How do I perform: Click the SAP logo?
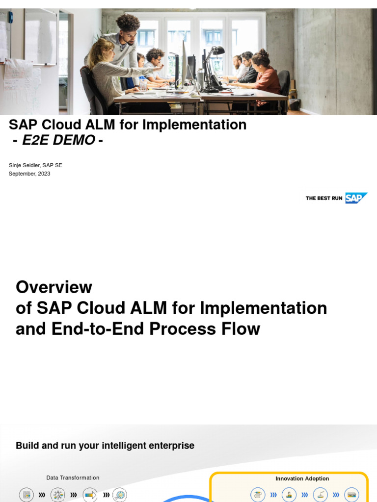(356, 198)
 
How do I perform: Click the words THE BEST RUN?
(323, 199)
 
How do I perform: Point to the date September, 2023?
(29, 174)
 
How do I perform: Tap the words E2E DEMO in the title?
(58, 140)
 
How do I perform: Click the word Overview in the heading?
(54, 287)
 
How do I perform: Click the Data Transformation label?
(73, 477)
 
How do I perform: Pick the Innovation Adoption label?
(302, 478)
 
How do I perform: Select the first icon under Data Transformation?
(27, 495)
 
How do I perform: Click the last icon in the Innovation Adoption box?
(351, 495)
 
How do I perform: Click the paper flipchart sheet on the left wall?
(18, 78)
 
